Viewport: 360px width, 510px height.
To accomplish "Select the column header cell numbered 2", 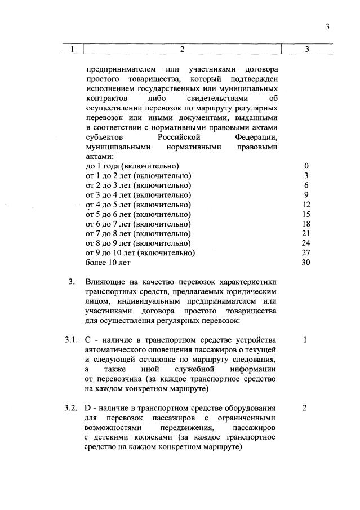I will (183, 49).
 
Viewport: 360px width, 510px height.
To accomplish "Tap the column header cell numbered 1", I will (72, 49).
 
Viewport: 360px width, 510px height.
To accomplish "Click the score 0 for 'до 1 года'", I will (306, 166).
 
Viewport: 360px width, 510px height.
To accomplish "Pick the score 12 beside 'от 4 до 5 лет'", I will (306, 204).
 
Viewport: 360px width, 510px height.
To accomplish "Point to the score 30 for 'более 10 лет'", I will (306, 262).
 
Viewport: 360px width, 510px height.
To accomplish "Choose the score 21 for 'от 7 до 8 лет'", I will (306, 233).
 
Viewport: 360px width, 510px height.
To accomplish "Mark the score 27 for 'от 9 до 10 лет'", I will (306, 252).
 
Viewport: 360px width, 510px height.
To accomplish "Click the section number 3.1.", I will (70, 340).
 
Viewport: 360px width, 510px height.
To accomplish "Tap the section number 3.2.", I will (70, 407).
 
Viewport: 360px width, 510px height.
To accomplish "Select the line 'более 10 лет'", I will (108, 262).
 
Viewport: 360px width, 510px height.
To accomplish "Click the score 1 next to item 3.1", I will (304, 340).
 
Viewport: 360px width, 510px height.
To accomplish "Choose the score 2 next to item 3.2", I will (304, 407).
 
